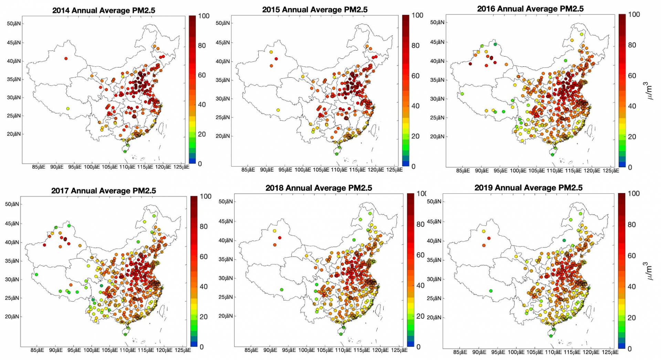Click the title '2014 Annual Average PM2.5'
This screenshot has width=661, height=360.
pyautogui.click(x=104, y=10)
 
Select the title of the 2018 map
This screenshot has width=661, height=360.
pyautogui.click(x=318, y=188)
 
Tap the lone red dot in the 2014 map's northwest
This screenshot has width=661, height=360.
pyautogui.click(x=66, y=59)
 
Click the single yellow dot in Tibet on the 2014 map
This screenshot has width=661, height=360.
pyautogui.click(x=68, y=109)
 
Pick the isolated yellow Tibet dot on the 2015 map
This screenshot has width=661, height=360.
pyautogui.click(x=278, y=110)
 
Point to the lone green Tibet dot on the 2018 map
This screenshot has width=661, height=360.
pyautogui.click(x=282, y=290)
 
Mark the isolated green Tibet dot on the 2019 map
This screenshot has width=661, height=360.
pyautogui.click(x=491, y=291)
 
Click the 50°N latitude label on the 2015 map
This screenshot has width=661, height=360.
pyautogui.click(x=223, y=23)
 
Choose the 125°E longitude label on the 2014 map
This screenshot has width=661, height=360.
pyautogui.click(x=181, y=167)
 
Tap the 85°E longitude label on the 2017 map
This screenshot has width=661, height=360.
pyautogui.click(x=37, y=350)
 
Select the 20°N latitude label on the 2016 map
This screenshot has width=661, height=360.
pyautogui.click(x=437, y=136)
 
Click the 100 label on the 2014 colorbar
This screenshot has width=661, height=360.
pyautogui.click(x=203, y=16)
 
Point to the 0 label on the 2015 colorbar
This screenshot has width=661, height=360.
pyautogui.click(x=413, y=167)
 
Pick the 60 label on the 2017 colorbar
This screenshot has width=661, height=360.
pyautogui.click(x=203, y=256)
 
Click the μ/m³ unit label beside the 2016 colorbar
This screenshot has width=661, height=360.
pyautogui.click(x=648, y=91)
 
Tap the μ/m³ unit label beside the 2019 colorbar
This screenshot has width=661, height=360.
pyautogui.click(x=648, y=271)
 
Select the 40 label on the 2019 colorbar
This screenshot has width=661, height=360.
pyautogui.click(x=631, y=287)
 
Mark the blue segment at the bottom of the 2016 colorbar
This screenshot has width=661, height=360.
pyautogui.click(x=622, y=165)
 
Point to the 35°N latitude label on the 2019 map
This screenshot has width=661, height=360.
pyautogui.click(x=434, y=260)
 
